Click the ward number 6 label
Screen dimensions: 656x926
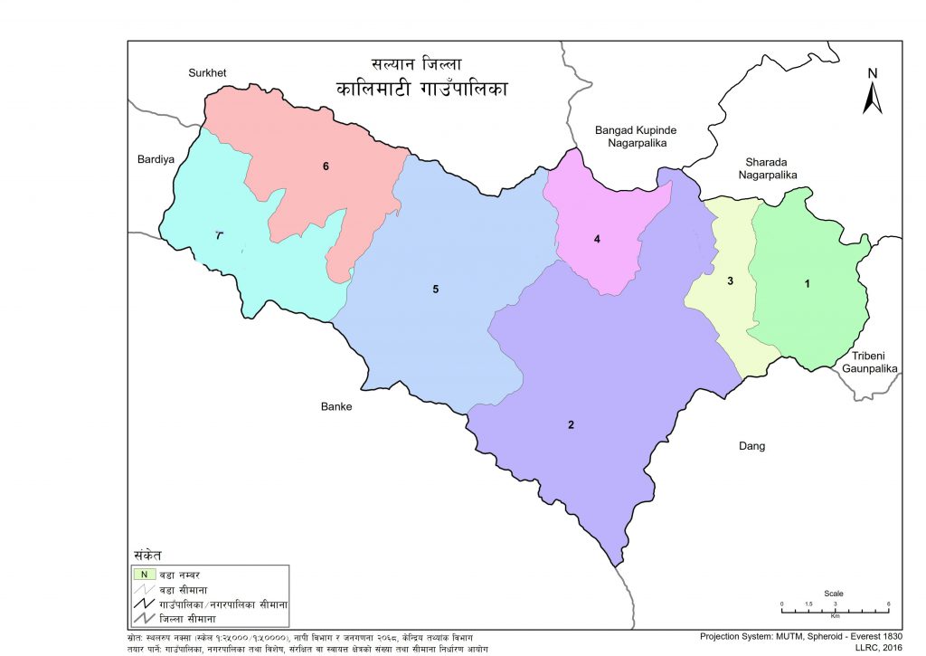pos(326,166)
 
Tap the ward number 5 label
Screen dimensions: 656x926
pos(435,290)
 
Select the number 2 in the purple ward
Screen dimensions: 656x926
pos(571,425)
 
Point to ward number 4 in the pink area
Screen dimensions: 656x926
pos(597,239)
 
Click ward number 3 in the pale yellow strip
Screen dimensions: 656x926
pos(730,281)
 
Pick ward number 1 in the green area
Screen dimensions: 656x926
pos(808,284)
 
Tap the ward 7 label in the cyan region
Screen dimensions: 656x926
pos(219,235)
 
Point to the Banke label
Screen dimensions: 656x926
pos(336,406)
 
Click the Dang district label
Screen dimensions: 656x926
pos(751,446)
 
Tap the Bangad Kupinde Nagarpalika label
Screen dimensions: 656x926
pos(636,137)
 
